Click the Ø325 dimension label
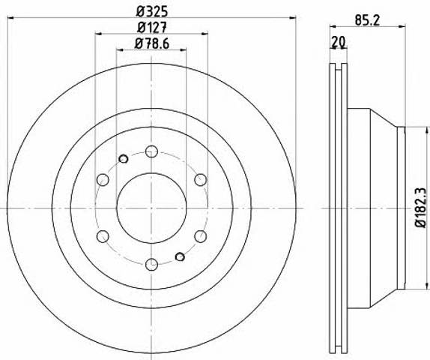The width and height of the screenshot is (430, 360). (152, 12)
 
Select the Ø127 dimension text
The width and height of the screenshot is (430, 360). (152, 28)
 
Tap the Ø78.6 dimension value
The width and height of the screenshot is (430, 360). (152, 43)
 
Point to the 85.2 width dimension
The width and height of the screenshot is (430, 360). (368, 20)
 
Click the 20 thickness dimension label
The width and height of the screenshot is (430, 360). (338, 42)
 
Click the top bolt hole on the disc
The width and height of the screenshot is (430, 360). (151, 151)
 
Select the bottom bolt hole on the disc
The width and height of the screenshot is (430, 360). (151, 265)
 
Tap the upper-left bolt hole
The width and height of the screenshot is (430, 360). (103, 180)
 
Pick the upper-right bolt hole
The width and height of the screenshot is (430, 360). (201, 180)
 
